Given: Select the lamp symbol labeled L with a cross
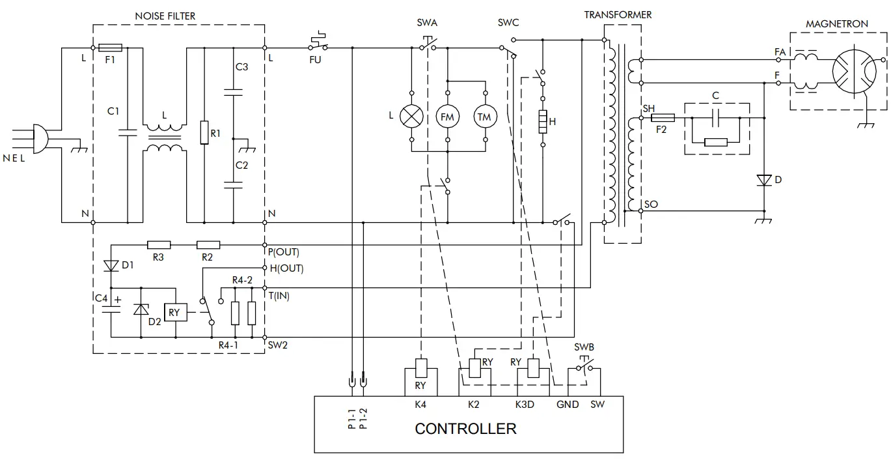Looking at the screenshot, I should coord(411,116).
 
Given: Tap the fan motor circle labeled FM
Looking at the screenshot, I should coord(447,116).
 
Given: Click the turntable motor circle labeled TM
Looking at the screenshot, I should coord(484,116).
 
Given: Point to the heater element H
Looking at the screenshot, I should coord(541,121).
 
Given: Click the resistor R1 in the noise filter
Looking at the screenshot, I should coord(204,134).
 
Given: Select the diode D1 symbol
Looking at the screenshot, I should coord(111,265).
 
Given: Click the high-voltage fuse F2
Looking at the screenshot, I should coord(663,117).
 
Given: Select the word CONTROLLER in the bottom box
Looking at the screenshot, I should coord(465,429).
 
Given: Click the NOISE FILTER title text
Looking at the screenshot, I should coord(165,16).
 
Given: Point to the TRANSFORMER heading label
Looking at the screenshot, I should coord(618,14).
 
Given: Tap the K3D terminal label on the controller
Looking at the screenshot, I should coord(525,405).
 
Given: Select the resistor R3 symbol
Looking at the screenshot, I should coord(159,246).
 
